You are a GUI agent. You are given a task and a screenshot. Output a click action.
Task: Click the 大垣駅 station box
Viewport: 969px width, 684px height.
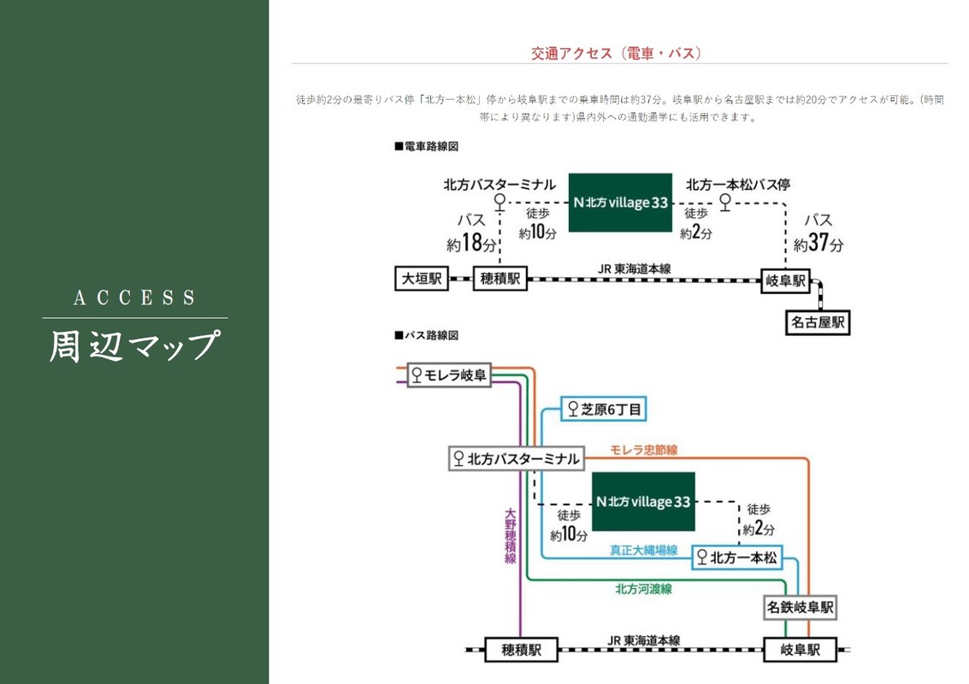pos(422,279)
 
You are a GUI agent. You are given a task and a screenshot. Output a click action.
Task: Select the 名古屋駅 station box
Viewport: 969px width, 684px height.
pos(818,322)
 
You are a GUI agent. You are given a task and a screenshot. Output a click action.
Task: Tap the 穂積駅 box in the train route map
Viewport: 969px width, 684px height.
pos(500,279)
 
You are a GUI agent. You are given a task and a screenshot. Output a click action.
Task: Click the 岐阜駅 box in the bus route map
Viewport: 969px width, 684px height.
pos(800,650)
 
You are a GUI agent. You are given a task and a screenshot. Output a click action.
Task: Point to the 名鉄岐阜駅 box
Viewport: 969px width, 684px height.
pos(801,607)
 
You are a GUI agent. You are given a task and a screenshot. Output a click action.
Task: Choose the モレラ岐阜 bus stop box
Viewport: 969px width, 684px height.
pos(449,375)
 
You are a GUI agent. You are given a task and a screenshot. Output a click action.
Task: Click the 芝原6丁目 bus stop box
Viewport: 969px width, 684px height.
pos(604,409)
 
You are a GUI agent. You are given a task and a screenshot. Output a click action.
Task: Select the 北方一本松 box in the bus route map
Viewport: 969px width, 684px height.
pos(737,557)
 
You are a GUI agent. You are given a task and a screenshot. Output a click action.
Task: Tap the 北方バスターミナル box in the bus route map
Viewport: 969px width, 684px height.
pos(517,458)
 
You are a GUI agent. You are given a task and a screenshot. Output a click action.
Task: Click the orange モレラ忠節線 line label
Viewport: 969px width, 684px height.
pos(644,450)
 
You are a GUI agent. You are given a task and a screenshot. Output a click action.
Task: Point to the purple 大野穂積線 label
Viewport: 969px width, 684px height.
pos(511,536)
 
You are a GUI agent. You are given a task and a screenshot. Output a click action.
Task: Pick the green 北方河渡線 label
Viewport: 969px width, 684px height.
pos(643,589)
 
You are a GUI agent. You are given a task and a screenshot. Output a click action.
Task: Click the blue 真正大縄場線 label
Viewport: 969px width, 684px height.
pos(644,550)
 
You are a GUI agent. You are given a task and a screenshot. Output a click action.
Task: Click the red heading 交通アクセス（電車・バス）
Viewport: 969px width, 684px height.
pos(616,53)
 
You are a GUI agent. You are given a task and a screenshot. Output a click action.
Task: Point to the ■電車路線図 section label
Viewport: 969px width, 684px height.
pos(427,146)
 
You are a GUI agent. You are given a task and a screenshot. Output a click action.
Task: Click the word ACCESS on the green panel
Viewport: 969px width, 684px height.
pos(134,298)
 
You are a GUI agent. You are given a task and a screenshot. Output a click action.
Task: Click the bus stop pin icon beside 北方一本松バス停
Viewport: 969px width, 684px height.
pos(725,202)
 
